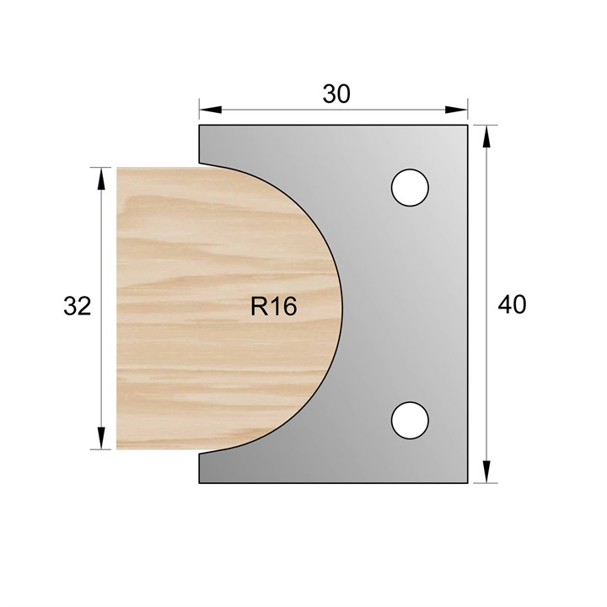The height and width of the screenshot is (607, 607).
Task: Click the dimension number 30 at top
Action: pos(336,94)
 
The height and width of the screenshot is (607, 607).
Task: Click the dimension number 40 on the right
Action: pos(512,304)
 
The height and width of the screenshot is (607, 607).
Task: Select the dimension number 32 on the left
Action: pos(77,307)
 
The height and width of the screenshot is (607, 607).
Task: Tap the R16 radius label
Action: pos(273,307)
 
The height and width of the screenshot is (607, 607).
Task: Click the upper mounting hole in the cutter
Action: pos(410,186)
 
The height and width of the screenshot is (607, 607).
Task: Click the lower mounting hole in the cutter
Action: pos(410,419)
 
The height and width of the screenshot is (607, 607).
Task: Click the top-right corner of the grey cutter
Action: pos(468,126)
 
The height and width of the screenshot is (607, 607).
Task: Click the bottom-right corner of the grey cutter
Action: pos(468,483)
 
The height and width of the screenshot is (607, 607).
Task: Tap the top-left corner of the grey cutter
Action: pos(200,126)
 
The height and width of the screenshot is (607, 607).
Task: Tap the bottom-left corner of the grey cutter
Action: pos(200,483)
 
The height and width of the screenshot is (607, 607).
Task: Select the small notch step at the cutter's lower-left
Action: pos(201,452)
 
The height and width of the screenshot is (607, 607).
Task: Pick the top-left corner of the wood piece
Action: pos(117,168)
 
